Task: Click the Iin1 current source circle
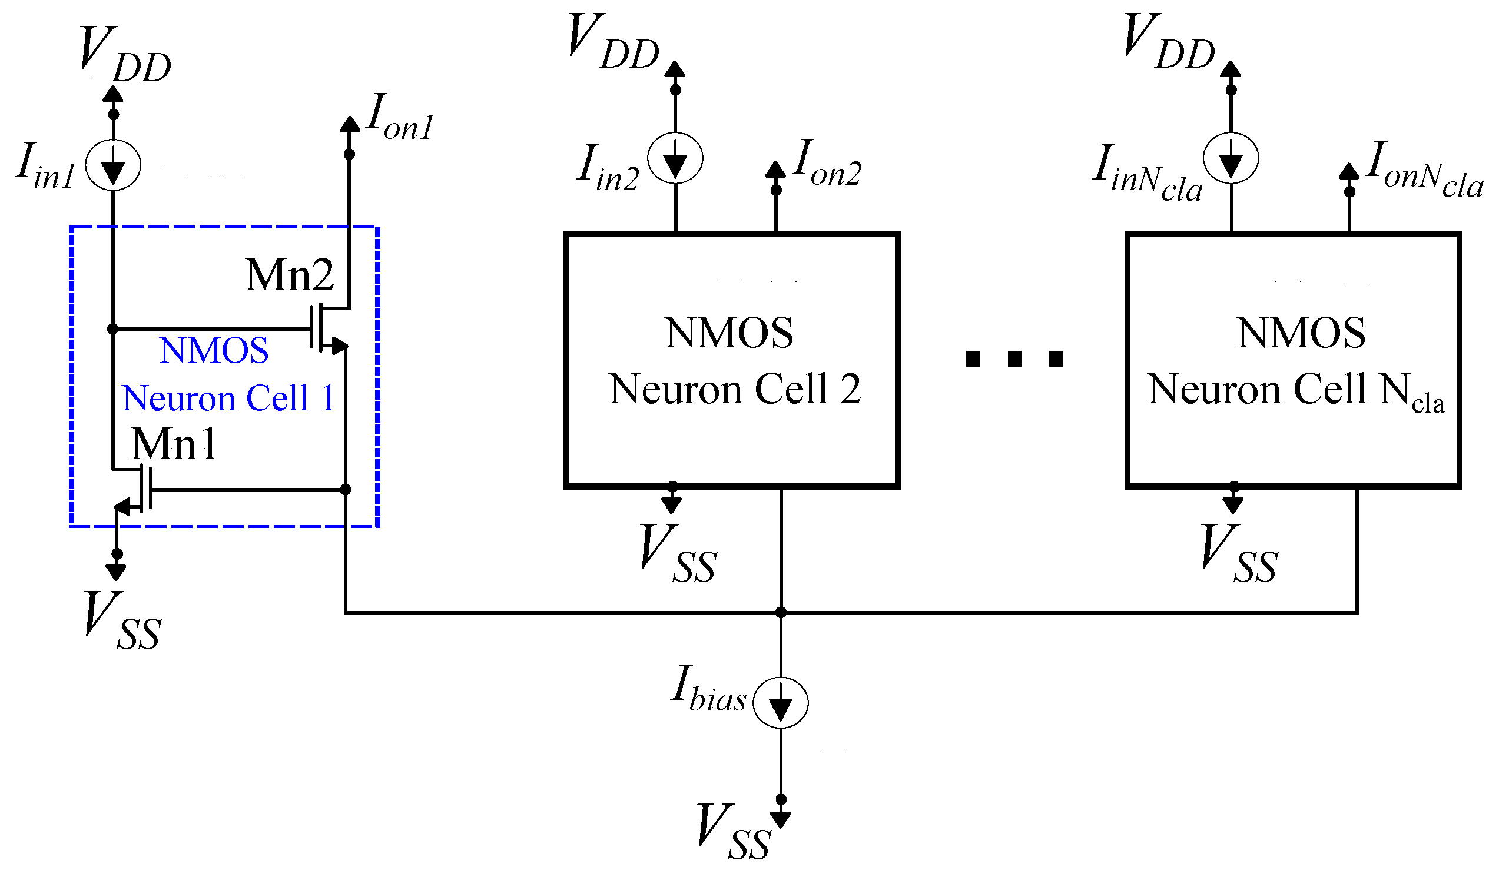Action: (x=113, y=165)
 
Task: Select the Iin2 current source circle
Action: (x=675, y=159)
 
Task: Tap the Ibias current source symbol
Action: (x=781, y=703)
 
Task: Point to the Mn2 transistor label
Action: (x=290, y=275)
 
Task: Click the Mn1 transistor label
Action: (x=174, y=444)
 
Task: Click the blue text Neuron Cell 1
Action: (x=228, y=398)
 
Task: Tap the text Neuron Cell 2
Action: (x=735, y=390)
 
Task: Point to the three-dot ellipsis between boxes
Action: (x=1014, y=358)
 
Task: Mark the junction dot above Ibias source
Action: (x=781, y=612)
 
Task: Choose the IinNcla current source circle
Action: (x=1231, y=159)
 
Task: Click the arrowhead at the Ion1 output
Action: (x=350, y=124)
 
